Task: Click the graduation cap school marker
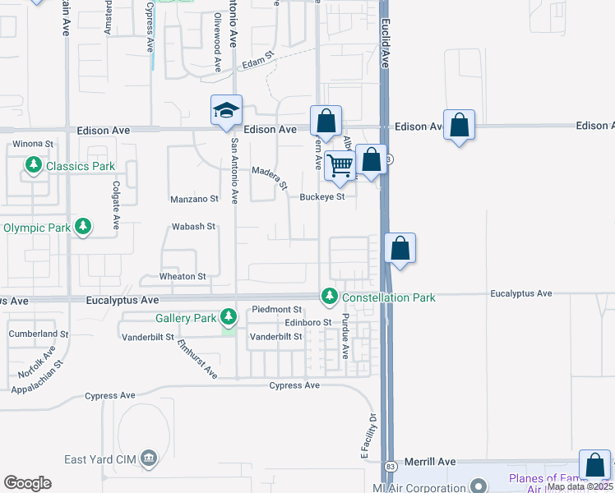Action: pos(227,111)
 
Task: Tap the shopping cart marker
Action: pos(340,165)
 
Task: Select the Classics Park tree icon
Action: pos(34,166)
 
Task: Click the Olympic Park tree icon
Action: pos(82,227)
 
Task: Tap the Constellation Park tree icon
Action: pos(330,296)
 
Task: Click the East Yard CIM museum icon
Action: pos(148,458)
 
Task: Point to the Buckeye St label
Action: pos(321,197)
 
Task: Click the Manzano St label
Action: pos(195,199)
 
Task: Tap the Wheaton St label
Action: pos(183,277)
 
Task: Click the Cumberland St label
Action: pos(39,334)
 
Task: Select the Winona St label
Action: pos(33,144)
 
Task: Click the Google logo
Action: pos(27,483)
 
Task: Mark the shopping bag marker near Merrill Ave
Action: pos(594,464)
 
